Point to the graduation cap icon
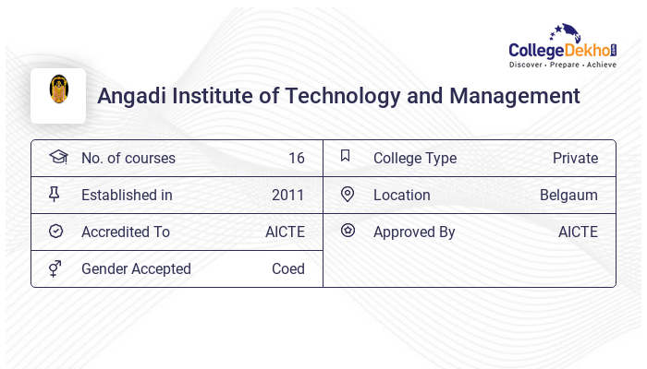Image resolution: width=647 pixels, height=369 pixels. coord(57,158)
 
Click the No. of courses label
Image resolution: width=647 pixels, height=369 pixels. coord(128,159)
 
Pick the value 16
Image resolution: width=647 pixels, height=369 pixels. coord(296,159)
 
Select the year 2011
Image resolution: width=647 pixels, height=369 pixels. coord(287,196)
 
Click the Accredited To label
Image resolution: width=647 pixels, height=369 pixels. coord(126,232)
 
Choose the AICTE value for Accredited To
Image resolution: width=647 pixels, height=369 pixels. coord(285,232)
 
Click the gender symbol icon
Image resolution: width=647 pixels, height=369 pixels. coord(56,268)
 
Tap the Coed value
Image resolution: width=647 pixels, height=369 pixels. coord(287,269)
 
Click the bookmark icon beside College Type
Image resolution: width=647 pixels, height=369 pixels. coord(345,157)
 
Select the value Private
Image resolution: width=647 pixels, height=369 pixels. coord(575,159)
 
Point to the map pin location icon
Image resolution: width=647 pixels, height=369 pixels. coord(348,195)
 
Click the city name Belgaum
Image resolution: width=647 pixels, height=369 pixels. coord(568,196)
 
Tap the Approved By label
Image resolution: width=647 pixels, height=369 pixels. coord(414,232)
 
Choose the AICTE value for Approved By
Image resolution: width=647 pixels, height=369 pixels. coord(578,232)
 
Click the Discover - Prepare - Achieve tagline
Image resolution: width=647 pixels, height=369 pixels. coord(562,65)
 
